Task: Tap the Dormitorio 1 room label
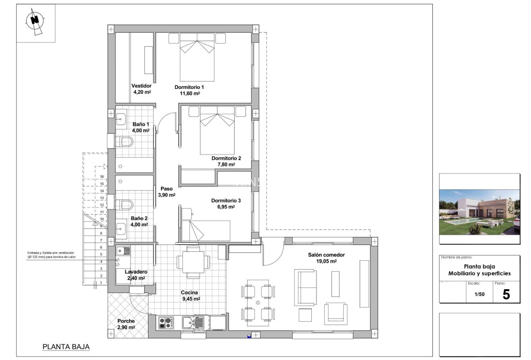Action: [189, 90]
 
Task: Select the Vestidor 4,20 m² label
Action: [142, 89]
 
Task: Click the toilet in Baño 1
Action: [124, 141]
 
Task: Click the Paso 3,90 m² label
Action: [167, 191]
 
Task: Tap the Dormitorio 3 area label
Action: [226, 204]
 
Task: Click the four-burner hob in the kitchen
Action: [166, 322]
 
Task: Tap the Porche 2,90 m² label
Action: [126, 324]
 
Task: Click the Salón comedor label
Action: [326, 258]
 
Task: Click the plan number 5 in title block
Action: [506, 295]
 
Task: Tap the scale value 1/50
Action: [479, 294]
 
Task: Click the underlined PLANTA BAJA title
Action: [66, 347]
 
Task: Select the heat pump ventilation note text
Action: [51, 255]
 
